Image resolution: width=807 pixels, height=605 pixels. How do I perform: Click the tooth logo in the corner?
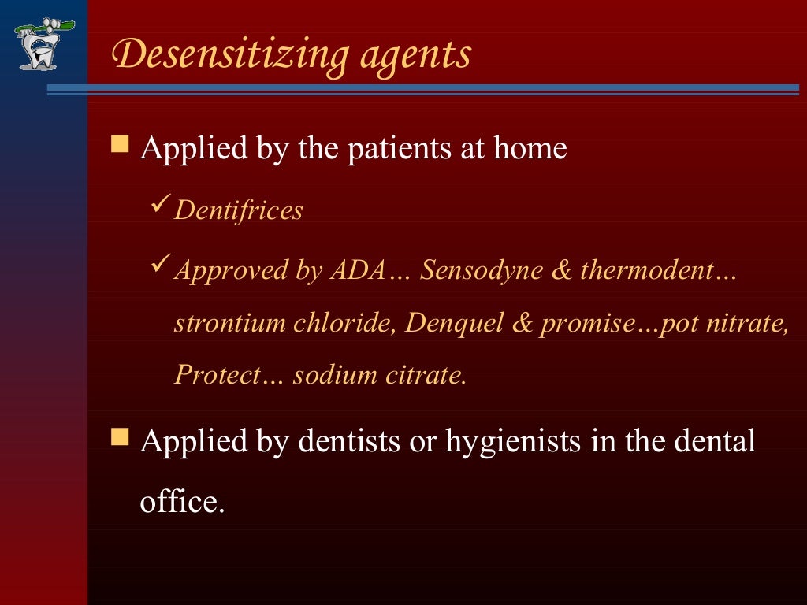[43, 43]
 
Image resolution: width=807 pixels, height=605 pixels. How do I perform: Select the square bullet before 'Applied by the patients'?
[121, 144]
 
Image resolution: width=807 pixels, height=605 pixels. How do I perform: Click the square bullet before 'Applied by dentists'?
[121, 436]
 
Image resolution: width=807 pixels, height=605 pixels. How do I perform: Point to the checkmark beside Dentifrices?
[159, 206]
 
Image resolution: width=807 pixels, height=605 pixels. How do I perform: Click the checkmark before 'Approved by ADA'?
[159, 266]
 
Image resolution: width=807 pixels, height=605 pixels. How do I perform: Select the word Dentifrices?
[239, 210]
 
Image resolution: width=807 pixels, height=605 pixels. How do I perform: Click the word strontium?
[229, 324]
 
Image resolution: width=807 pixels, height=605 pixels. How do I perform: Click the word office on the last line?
[181, 502]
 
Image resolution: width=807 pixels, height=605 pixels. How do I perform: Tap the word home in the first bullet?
[530, 148]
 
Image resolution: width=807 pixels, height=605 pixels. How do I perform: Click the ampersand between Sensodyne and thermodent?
[561, 270]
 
